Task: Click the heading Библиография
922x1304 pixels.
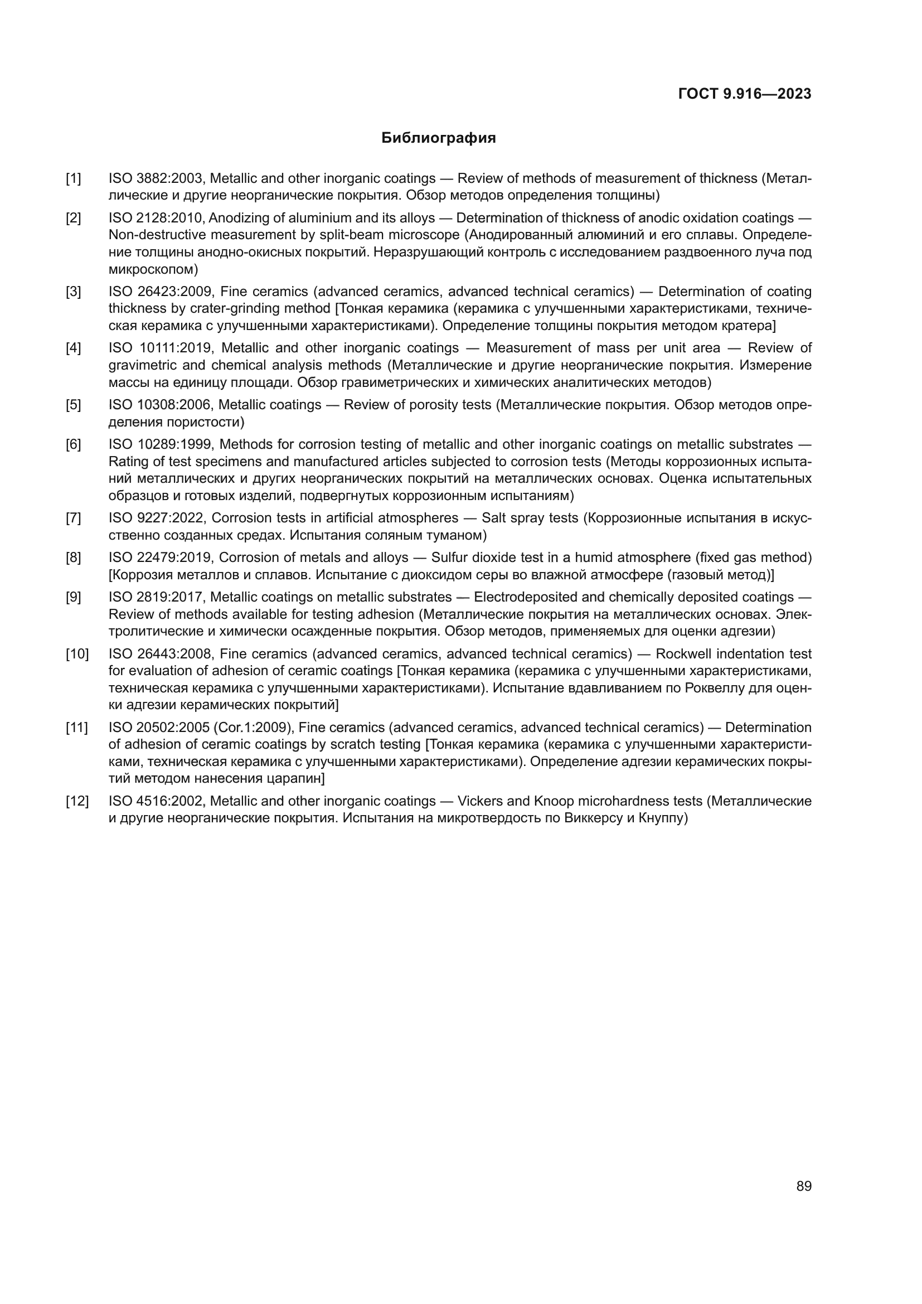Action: (438, 138)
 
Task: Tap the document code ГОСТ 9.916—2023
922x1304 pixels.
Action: (744, 94)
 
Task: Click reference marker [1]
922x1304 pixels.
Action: (73, 179)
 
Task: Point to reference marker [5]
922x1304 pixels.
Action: (73, 405)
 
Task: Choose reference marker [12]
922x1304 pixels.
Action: (77, 801)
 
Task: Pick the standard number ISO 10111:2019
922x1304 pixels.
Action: (161, 348)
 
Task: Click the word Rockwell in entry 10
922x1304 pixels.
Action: (682, 655)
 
